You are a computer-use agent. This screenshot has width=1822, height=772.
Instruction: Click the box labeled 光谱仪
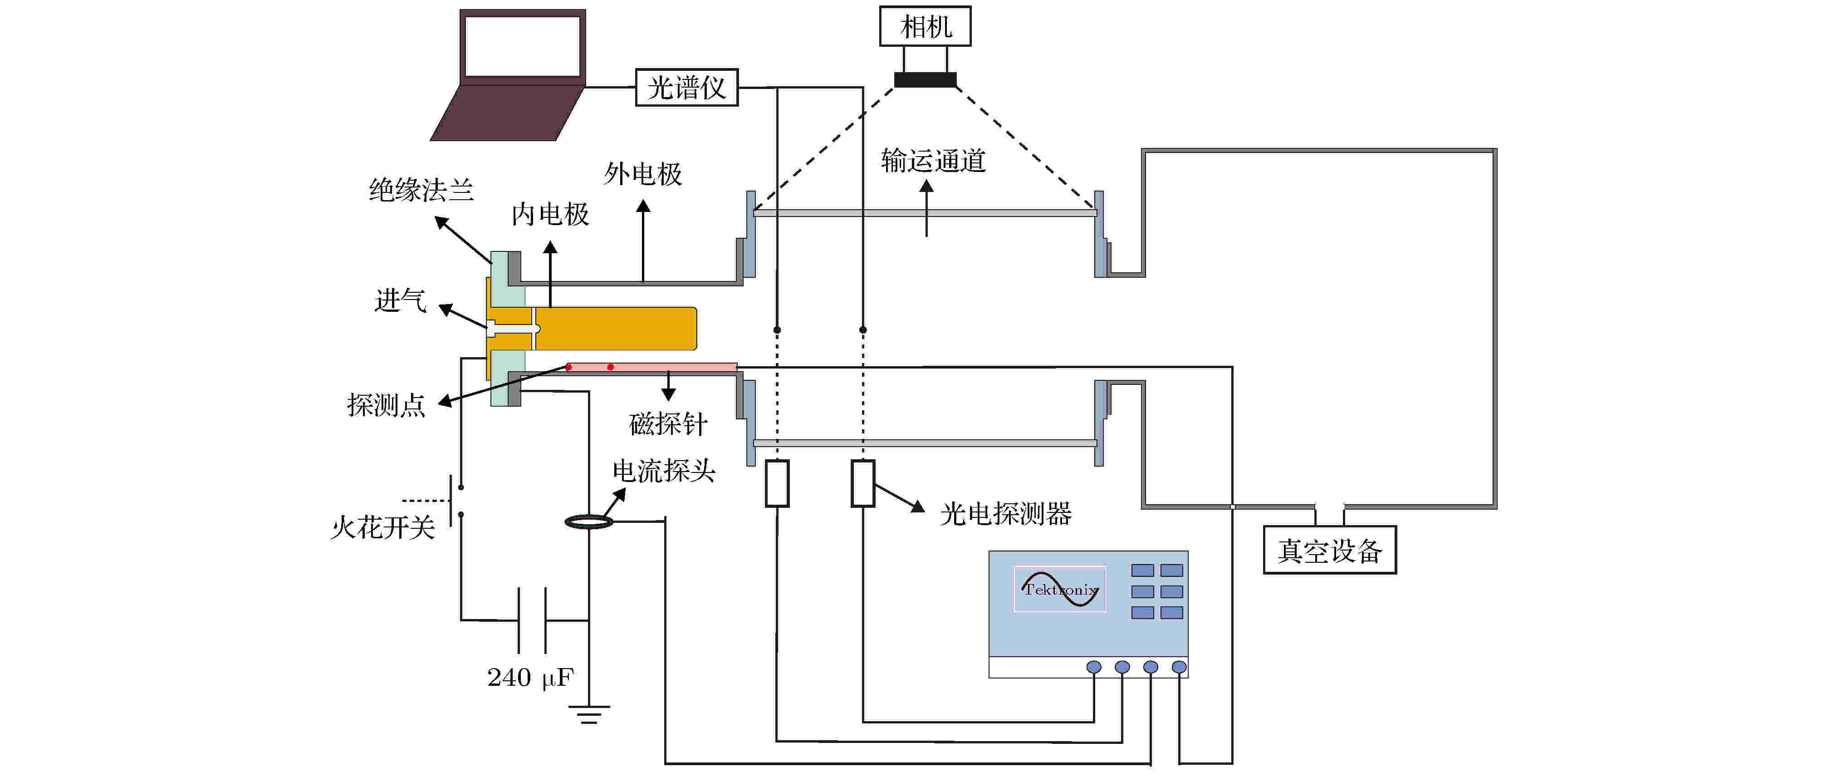pos(686,88)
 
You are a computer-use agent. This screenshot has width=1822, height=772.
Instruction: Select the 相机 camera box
pos(925,27)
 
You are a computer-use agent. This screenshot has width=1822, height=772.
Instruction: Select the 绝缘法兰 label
pos(421,190)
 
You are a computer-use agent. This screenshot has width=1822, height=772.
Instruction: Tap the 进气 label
pos(400,300)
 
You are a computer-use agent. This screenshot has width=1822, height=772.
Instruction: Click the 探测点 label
pos(386,405)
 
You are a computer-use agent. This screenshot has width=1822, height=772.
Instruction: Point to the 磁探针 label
pos(668,424)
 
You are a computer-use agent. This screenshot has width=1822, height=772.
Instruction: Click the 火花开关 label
pos(382,528)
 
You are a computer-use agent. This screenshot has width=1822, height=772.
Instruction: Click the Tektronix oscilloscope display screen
pos(1059,589)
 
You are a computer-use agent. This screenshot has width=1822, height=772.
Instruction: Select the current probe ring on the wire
pos(588,522)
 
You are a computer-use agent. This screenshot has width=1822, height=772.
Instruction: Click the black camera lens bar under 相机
pos(925,80)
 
